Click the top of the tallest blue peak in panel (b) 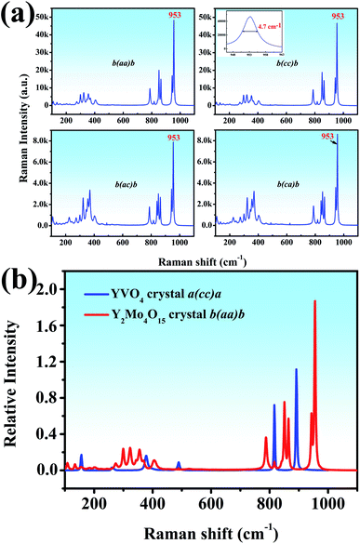[296, 370]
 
